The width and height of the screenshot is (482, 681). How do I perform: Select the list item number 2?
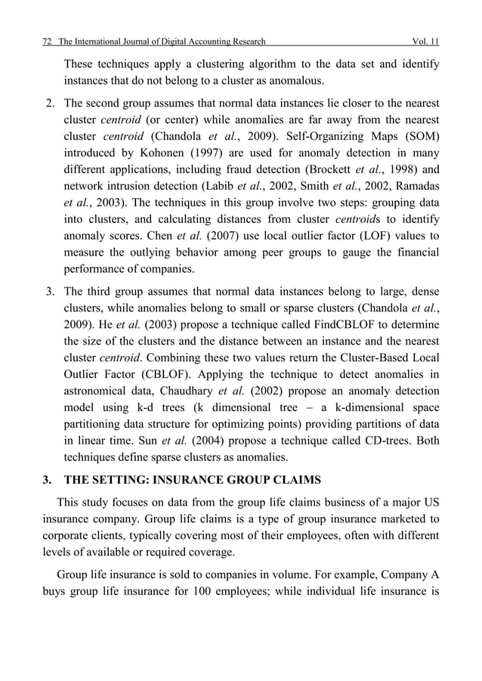(x=49, y=103)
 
